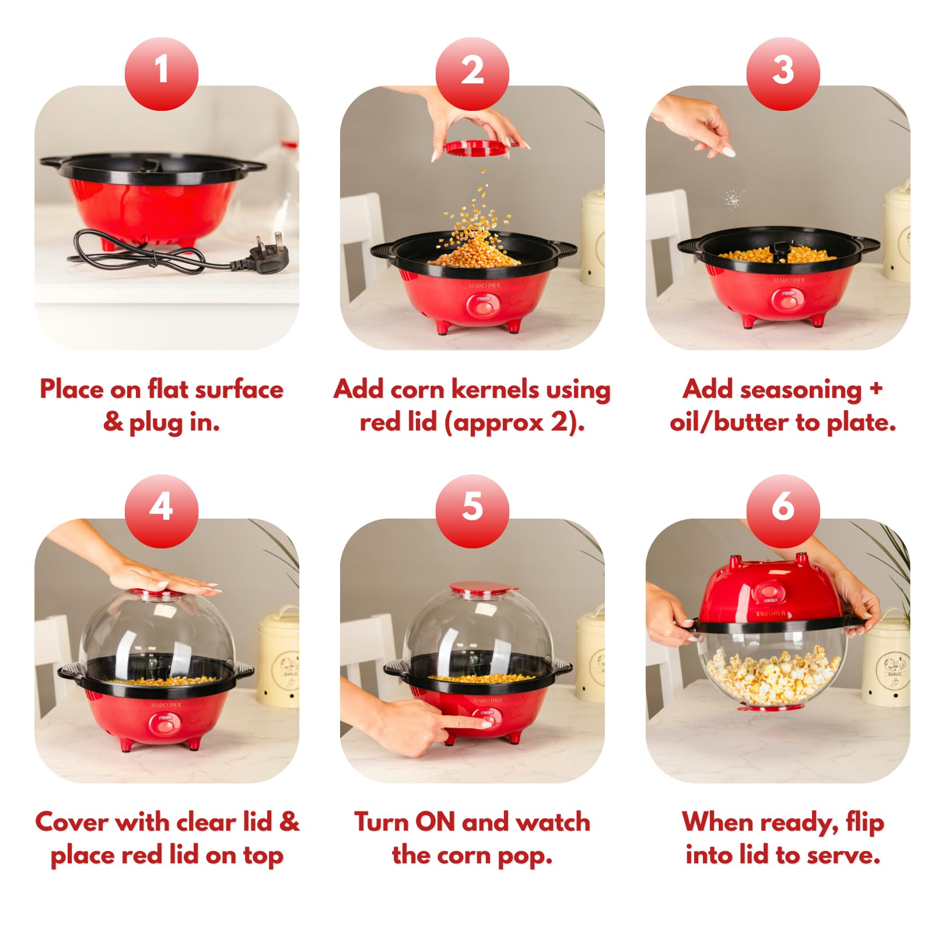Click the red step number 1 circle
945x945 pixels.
click(x=162, y=73)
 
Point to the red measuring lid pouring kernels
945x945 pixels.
click(x=482, y=148)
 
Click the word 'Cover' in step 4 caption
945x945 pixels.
click(x=72, y=822)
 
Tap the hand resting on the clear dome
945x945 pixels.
click(x=157, y=580)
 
